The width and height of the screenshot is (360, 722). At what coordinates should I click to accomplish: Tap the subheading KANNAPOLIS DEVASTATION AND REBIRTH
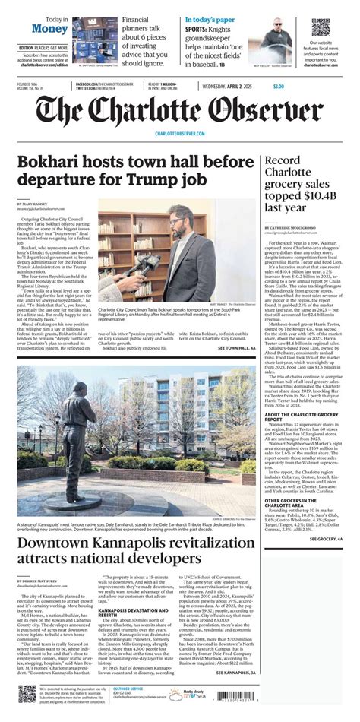(x=134, y=608)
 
